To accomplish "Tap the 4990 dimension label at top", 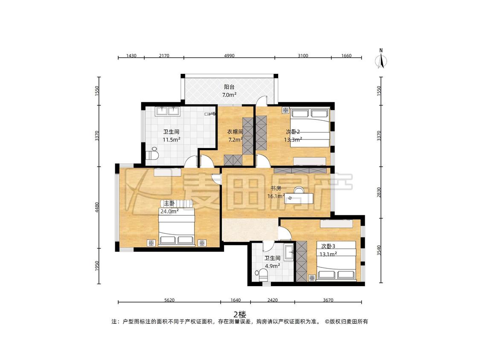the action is tap(229, 56).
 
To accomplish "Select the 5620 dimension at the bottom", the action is tap(169, 300).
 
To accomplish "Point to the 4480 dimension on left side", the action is tap(97, 208).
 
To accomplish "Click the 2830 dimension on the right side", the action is tap(379, 192).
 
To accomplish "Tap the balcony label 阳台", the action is tap(229, 87).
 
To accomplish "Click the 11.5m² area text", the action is tap(171, 140).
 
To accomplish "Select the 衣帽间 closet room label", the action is tap(235, 132).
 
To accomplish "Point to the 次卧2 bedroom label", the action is tap(293, 132).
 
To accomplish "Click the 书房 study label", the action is tap(276, 188).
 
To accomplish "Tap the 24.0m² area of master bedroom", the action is tap(169, 211).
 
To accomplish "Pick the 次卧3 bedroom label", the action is tap(328, 246).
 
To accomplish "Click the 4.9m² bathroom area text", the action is tap(273, 266).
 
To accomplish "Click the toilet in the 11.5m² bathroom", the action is tap(152, 154).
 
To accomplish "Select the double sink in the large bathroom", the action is tap(167, 110).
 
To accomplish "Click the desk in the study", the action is tap(299, 198).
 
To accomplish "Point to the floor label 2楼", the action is tap(240, 314).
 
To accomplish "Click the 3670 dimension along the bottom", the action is tap(328, 300).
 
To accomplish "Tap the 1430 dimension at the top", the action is tap(131, 56).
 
